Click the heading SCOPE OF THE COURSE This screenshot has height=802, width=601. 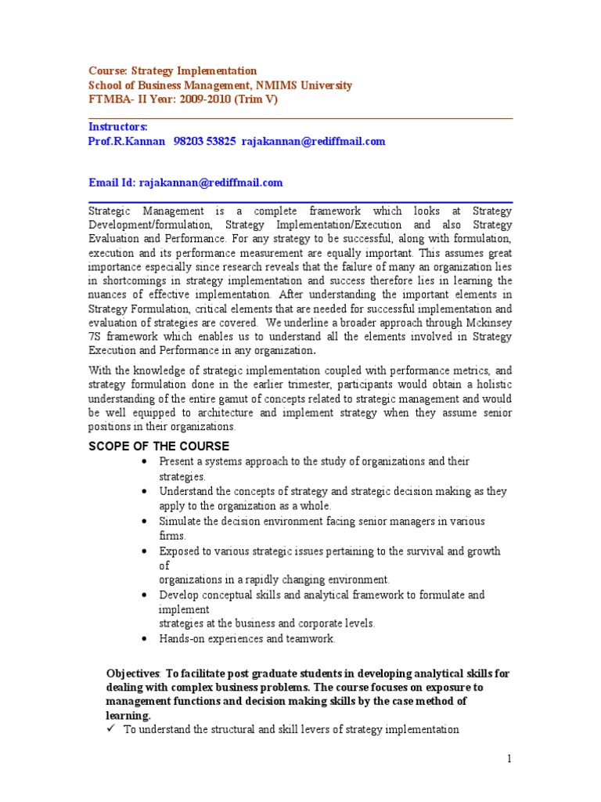(159, 446)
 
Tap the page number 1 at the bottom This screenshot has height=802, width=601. (509, 758)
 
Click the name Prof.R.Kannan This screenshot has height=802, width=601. (127, 141)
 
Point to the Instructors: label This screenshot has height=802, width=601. (118, 126)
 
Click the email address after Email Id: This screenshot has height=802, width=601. (211, 182)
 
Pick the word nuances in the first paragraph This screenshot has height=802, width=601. (110, 294)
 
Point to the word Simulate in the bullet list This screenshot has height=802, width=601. (182, 522)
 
